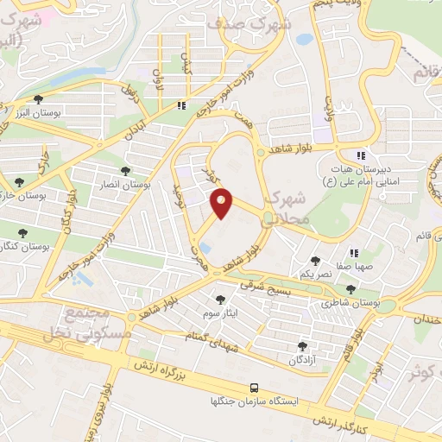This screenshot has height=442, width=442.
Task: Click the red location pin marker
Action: (x=222, y=203)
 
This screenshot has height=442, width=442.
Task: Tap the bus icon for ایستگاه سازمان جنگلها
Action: (x=254, y=388)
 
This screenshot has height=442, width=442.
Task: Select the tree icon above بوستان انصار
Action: (x=126, y=172)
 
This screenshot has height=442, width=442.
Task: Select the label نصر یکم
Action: (x=317, y=273)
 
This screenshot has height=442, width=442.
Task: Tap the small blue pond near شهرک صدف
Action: (x=304, y=39)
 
